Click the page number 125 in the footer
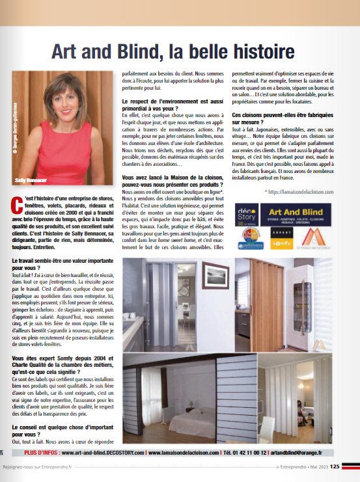[x=334, y=466]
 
